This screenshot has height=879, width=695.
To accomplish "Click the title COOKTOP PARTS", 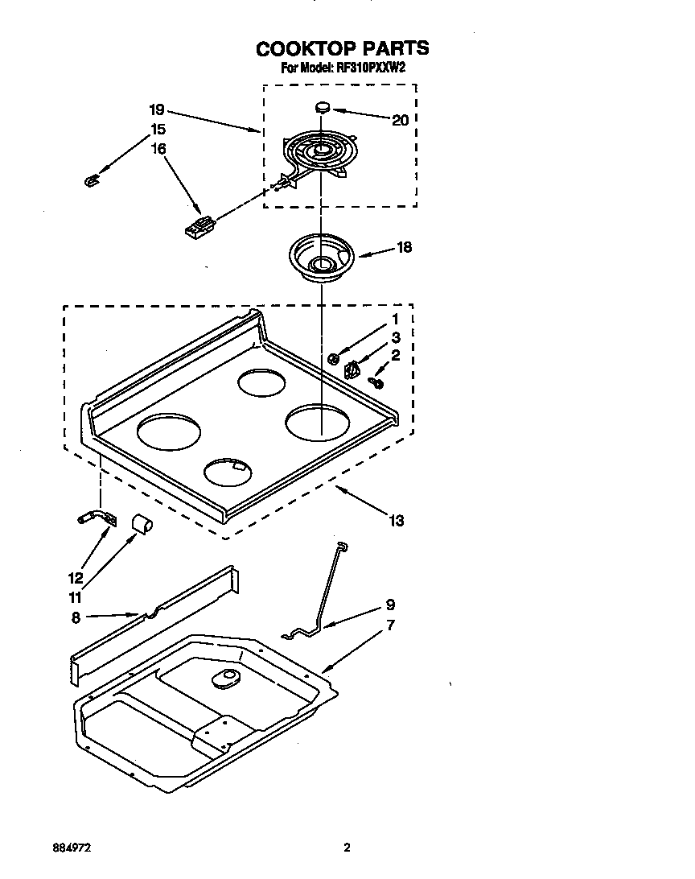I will [342, 49].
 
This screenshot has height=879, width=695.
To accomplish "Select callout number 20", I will [400, 120].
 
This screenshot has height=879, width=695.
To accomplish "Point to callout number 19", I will [157, 109].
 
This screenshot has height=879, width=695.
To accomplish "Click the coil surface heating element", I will [317, 154].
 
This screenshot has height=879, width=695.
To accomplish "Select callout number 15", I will [158, 129].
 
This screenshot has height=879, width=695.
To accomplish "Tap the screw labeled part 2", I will [375, 381].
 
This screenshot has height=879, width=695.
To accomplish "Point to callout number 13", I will [396, 521].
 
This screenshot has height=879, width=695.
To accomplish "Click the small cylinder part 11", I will [142, 526].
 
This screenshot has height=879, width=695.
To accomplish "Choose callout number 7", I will [390, 625].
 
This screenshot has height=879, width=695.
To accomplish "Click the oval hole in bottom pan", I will [225, 680].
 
